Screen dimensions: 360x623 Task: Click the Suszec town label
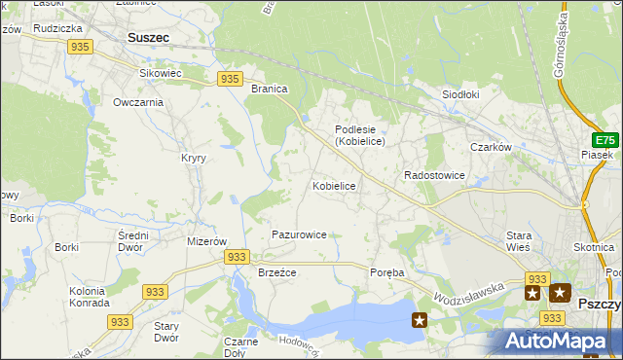coord(148,37)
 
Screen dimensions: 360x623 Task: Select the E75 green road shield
coord(605,140)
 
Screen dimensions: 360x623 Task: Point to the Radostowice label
coord(434,175)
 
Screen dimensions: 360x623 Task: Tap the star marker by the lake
coord(420,319)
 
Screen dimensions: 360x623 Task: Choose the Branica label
coord(270,89)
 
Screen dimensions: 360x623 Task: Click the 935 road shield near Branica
coord(230,79)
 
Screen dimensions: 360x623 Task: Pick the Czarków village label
coord(491,147)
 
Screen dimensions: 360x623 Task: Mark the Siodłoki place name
coord(462,94)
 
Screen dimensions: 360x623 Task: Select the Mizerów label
coord(206,241)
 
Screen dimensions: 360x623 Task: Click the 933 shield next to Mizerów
coord(236,256)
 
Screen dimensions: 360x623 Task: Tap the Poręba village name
coord(387,272)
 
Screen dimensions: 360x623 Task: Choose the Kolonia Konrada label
coord(89,297)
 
